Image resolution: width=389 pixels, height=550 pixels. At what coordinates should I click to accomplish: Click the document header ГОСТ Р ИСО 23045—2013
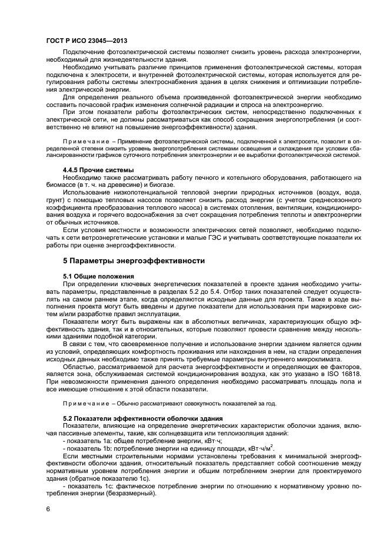86,40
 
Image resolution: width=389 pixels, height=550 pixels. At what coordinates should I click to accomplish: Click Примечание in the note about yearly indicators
84,403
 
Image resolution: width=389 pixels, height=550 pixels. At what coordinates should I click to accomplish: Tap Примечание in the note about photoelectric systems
84,142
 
